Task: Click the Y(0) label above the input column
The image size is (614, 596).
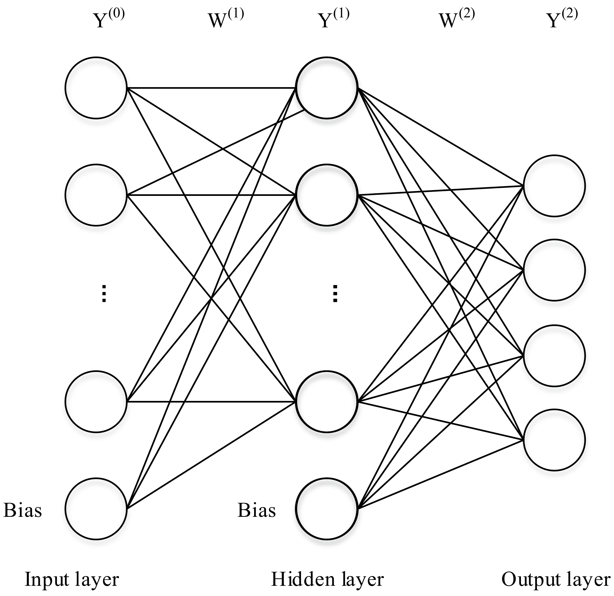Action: click(x=109, y=19)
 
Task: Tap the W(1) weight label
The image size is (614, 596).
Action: click(x=226, y=19)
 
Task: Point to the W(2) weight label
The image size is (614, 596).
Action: click(x=457, y=19)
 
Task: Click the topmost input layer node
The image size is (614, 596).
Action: click(x=96, y=88)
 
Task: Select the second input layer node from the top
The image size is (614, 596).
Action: click(x=96, y=195)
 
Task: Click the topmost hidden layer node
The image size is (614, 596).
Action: click(x=327, y=88)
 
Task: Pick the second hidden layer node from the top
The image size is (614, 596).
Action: click(x=327, y=195)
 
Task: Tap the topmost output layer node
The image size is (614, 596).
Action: click(x=554, y=186)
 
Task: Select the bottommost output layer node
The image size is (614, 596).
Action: click(x=554, y=440)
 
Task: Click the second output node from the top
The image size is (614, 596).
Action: click(x=554, y=270)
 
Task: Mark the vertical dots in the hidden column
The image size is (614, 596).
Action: click(x=335, y=294)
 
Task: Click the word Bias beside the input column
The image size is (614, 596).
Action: click(x=23, y=510)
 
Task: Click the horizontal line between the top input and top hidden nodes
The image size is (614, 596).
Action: click(x=210, y=88)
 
